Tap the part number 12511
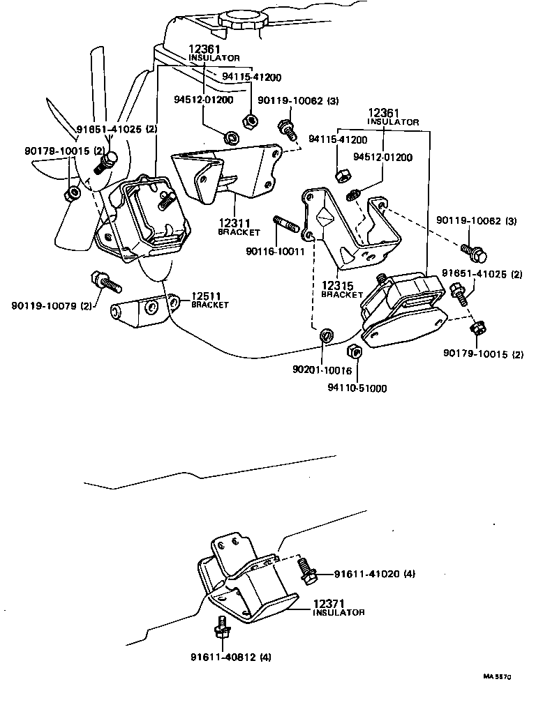click(206, 296)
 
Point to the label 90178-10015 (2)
click(64, 151)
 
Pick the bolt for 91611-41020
click(305, 569)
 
